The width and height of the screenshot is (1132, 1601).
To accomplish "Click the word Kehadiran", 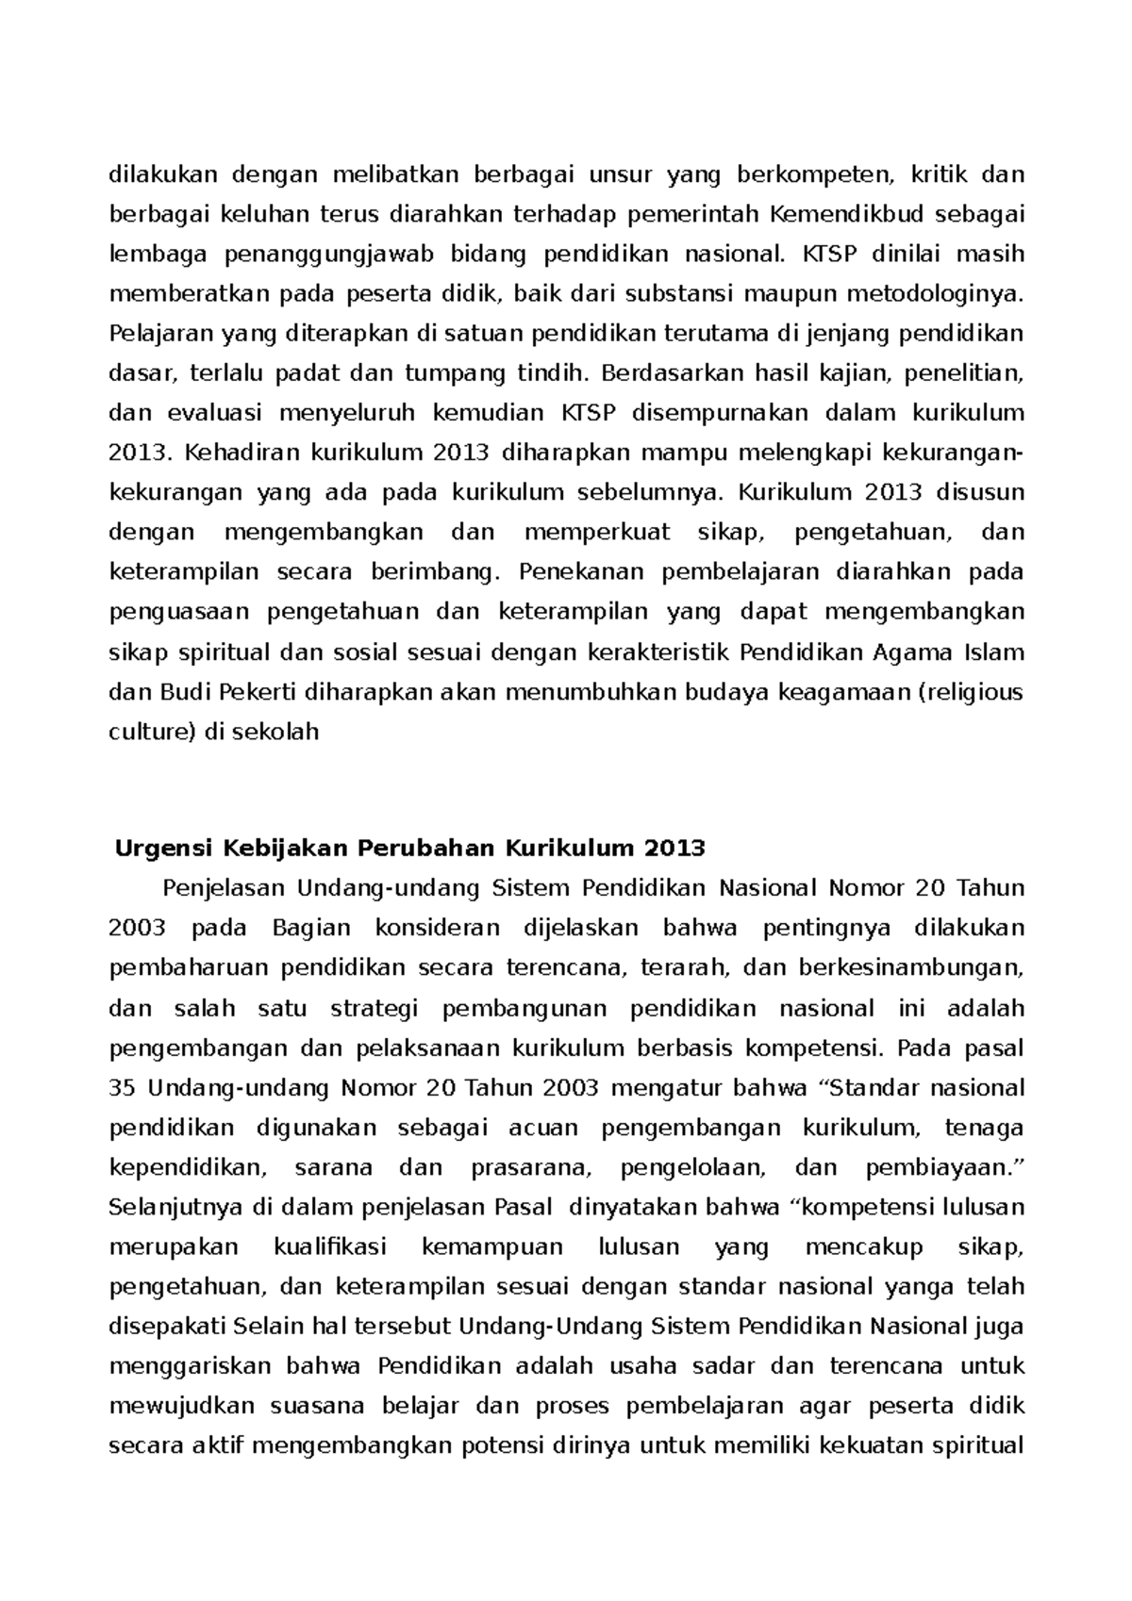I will coord(231,453).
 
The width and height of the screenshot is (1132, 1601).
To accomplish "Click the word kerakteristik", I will coord(659,652).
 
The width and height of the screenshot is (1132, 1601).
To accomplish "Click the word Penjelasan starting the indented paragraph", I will coord(224,888).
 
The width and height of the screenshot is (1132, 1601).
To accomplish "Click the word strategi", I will coord(374,1008).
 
